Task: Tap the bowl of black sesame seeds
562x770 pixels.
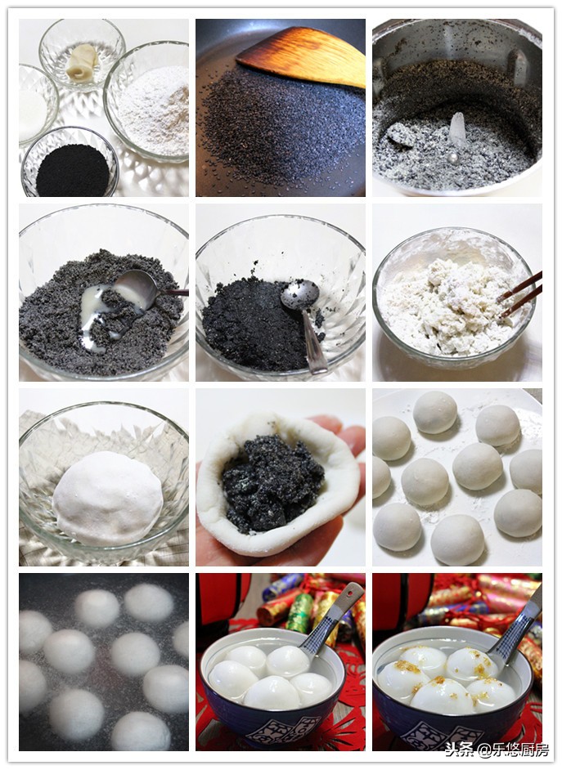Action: [71, 170]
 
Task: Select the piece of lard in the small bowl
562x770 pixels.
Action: [81, 61]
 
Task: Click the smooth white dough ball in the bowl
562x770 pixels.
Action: [107, 497]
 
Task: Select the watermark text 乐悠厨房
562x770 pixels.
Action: [520, 750]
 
